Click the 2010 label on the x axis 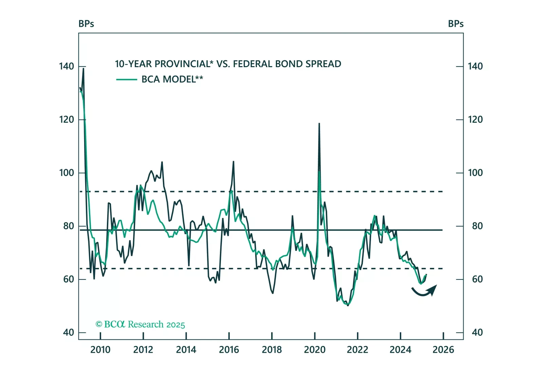pyautogui.click(x=100, y=350)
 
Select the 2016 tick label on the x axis pyautogui.click(x=229, y=350)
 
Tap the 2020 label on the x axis pyautogui.click(x=315, y=350)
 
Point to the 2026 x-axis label pyautogui.click(x=443, y=350)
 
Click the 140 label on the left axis pyautogui.click(x=67, y=66)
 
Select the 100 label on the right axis pyautogui.click(x=475, y=173)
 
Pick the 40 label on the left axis pyautogui.click(x=69, y=332)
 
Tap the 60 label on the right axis pyautogui.click(x=477, y=279)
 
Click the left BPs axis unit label pyautogui.click(x=86, y=24)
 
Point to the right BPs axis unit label pyautogui.click(x=455, y=24)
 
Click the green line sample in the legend pyautogui.click(x=127, y=80)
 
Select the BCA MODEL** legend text pyautogui.click(x=172, y=79)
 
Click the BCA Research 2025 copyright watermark pyautogui.click(x=140, y=325)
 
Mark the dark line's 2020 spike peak pyautogui.click(x=319, y=123)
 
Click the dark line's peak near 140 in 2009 pyautogui.click(x=83, y=69)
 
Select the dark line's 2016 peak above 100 pyautogui.click(x=233, y=161)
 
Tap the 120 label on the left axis pyautogui.click(x=67, y=120)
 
